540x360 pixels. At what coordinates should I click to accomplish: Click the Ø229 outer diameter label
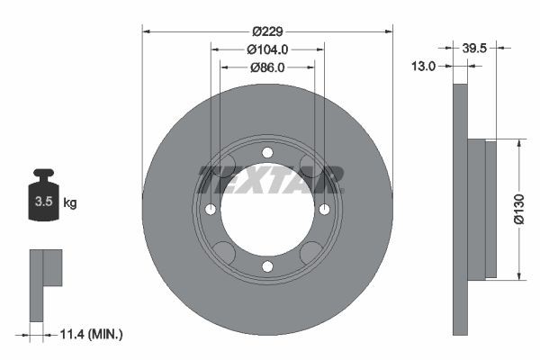tap(267, 31)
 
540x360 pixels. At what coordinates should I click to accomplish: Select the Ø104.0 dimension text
tap(267, 49)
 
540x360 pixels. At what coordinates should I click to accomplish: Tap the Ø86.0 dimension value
tap(267, 67)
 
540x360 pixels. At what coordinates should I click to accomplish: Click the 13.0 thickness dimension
tap(423, 66)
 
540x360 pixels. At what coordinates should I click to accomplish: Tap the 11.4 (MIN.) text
tap(91, 334)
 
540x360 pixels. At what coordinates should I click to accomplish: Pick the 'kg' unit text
tap(70, 203)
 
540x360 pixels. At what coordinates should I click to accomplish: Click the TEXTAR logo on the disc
tap(271, 179)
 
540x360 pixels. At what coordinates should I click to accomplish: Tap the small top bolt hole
tap(267, 153)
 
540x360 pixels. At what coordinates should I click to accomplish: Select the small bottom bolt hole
tap(267, 265)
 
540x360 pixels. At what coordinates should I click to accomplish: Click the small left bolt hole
tap(211, 210)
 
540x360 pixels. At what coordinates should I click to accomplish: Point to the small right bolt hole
tap(324, 210)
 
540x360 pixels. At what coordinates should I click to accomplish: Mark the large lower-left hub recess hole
tap(223, 253)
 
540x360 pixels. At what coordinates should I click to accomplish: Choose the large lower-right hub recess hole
tap(311, 253)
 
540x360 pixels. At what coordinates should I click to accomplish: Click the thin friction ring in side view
tap(460, 208)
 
